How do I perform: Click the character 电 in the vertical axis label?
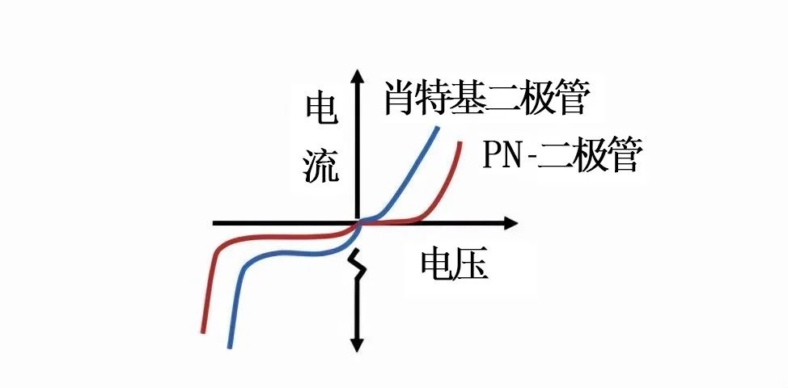click(x=322, y=111)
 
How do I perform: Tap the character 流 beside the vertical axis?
click(x=321, y=167)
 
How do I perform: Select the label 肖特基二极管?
click(x=485, y=99)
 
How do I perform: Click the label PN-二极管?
click(x=561, y=156)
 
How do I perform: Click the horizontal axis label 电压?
click(x=455, y=264)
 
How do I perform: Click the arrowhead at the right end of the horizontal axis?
click(x=510, y=223)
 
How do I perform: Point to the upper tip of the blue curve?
click(x=437, y=129)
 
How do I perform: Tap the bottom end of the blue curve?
click(x=230, y=345)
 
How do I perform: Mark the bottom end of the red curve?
click(x=203, y=331)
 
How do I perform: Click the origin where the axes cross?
click(x=358, y=223)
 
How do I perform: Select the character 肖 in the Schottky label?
click(x=400, y=99)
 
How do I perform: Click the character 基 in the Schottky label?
click(x=468, y=99)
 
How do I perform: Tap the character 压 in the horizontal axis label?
click(x=472, y=264)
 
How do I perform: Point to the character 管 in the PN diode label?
click(x=623, y=156)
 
